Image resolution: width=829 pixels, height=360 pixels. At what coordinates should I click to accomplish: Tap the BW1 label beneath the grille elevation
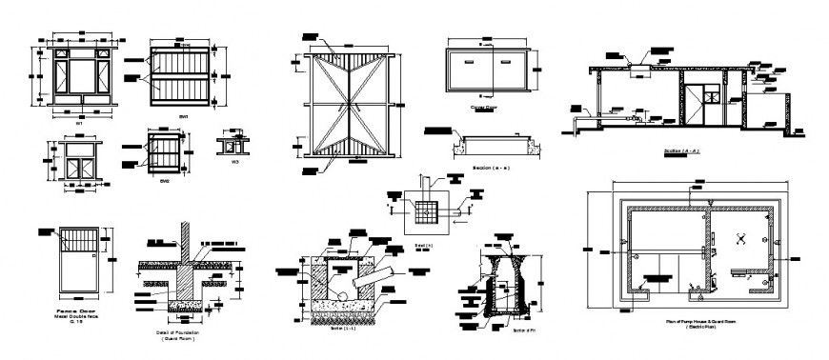click(x=183, y=116)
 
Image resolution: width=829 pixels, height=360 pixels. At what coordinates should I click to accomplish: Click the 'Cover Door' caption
click(x=485, y=108)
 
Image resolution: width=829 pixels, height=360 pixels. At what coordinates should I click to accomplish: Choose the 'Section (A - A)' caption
click(x=682, y=151)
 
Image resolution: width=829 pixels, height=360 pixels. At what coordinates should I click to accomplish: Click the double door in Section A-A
click(x=706, y=98)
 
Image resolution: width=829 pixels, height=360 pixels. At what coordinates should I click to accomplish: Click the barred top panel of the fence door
click(x=79, y=239)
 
